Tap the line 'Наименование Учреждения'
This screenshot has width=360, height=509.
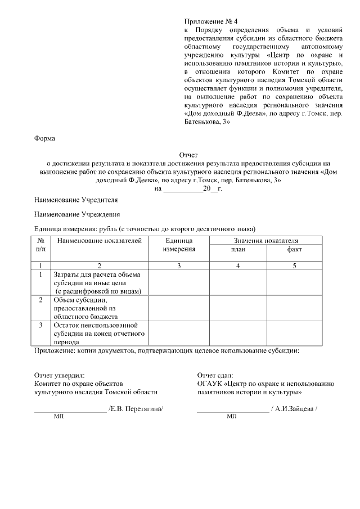(77, 214)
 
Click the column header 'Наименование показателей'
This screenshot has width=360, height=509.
(99, 241)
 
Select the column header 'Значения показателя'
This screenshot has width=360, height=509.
(266, 241)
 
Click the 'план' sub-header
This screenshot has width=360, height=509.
(238, 249)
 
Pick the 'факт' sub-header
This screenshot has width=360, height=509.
(294, 249)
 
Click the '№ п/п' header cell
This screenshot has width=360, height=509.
(40, 245)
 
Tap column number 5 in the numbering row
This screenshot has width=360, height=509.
(294, 265)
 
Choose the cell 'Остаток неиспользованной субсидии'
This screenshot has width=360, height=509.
(99, 333)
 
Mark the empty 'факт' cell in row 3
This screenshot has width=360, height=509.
(294, 333)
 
